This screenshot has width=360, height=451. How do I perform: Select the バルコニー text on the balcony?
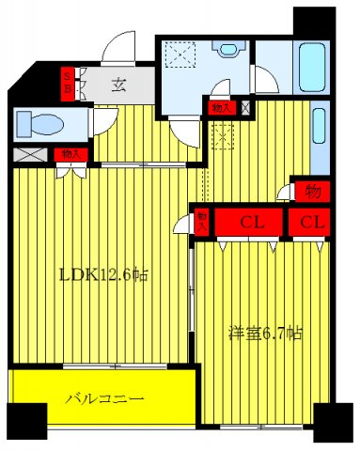pos(104,398)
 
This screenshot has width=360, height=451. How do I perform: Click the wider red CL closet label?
pos(251,223)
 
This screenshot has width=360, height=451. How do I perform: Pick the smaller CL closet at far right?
pos(313,223)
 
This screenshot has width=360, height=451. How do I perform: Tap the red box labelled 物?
pos(313,190)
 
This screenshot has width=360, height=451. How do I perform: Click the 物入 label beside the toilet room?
pos(68,153)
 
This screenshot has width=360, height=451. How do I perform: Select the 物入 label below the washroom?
pos(220,107)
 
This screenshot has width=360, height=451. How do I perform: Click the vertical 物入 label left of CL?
pos(201,222)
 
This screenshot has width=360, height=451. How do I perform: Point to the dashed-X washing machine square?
pos(178,55)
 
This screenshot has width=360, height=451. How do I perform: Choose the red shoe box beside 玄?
pos(68,83)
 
